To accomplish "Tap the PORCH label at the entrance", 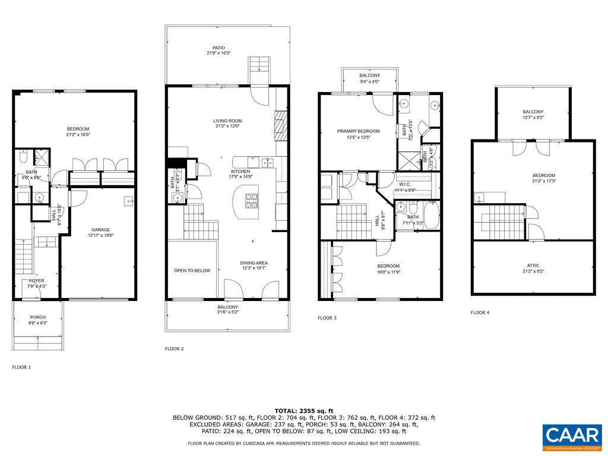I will tap(38, 317).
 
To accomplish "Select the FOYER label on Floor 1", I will tap(36, 281).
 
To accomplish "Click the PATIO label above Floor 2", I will tap(219, 47).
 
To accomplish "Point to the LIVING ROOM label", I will tap(227, 121).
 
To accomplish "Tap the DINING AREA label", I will tap(254, 263).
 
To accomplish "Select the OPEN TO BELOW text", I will tap(192, 271).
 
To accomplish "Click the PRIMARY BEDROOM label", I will tap(358, 131).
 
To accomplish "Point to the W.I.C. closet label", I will tap(405, 184).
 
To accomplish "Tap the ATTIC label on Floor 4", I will tap(533, 265).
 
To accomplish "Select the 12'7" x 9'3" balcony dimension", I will tap(533, 118).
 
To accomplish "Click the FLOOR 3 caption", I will tap(327, 318).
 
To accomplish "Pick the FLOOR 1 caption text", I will tap(21, 368).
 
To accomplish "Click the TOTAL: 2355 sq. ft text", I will tap(303, 411).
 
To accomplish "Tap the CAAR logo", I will tap(572, 434).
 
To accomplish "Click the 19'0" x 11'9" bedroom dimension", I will tap(388, 272).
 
